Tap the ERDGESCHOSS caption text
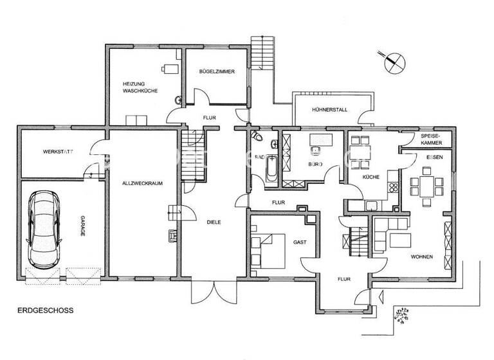[45, 310]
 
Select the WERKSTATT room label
[57, 152]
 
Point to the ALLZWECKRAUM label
[142, 183]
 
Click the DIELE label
[214, 223]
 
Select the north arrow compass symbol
[394, 62]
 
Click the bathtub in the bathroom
[271, 168]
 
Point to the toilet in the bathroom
[257, 136]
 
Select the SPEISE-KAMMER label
[431, 140]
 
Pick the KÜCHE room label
[371, 177]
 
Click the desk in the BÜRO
[318, 141]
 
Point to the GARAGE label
[82, 226]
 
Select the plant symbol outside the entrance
[405, 314]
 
